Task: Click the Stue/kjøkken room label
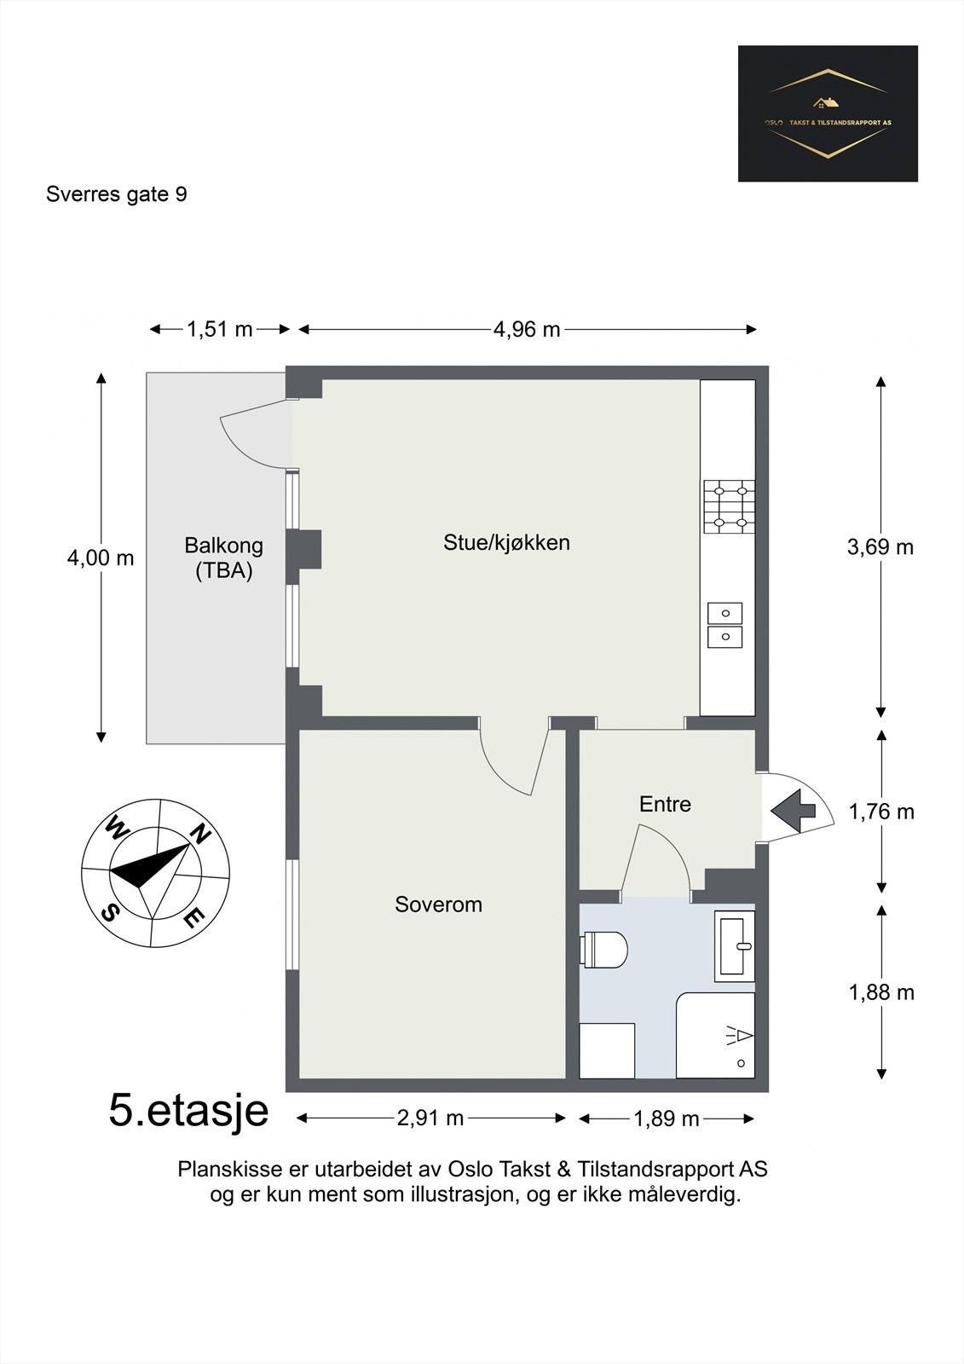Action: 506,542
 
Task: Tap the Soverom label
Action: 438,905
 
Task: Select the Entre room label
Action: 665,804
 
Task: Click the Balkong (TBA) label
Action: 223,558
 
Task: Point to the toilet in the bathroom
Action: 603,949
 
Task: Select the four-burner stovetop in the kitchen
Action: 729,506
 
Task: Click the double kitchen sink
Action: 724,625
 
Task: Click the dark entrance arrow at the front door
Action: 793,811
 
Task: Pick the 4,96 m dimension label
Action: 526,329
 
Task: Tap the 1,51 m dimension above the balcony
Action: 219,329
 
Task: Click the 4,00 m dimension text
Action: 101,558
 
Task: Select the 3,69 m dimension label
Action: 880,546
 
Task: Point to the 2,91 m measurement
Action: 430,1118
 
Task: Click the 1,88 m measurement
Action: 881,992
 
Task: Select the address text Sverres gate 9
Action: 116,194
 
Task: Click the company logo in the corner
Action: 828,113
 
